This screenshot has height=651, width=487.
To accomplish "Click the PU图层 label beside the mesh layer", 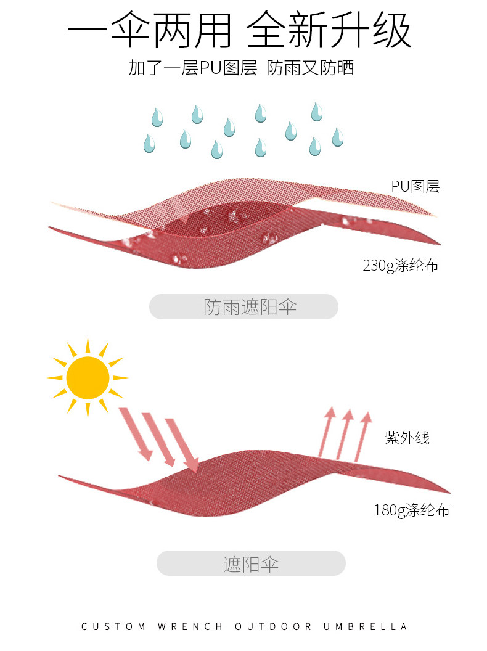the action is pyautogui.click(x=415, y=186).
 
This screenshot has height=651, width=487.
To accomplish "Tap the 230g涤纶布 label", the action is pyautogui.click(x=400, y=266).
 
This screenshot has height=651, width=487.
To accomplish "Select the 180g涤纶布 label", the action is pyautogui.click(x=411, y=510).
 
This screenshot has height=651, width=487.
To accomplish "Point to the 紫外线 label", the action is pyautogui.click(x=407, y=438).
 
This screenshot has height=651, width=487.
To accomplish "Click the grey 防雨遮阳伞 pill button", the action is pyautogui.click(x=243, y=307).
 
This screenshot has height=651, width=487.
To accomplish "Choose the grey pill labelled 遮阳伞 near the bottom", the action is pyautogui.click(x=251, y=563).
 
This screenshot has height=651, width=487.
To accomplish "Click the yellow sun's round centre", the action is pyautogui.click(x=88, y=378).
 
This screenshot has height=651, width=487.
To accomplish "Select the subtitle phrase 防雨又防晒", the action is pyautogui.click(x=310, y=68).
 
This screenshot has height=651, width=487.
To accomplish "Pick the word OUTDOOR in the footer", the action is pyautogui.click(x=272, y=627).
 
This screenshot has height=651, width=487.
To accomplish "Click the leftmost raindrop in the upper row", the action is pyautogui.click(x=157, y=117).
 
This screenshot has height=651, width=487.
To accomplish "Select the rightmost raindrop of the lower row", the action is pyautogui.click(x=337, y=137).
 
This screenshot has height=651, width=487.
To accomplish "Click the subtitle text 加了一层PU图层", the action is pyautogui.click(x=192, y=68).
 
